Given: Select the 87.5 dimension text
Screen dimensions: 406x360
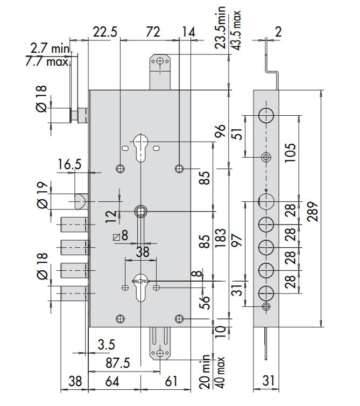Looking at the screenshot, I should tap(115, 363).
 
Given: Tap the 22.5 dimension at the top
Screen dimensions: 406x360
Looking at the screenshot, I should tap(104, 32).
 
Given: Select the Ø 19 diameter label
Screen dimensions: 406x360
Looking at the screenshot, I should tap(41, 195).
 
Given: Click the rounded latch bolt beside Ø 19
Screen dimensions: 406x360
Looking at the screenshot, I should tap(79, 201).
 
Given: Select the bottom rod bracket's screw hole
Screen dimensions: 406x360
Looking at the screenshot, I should tap(160, 353).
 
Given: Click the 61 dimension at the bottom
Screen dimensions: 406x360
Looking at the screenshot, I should tap(170, 382).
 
